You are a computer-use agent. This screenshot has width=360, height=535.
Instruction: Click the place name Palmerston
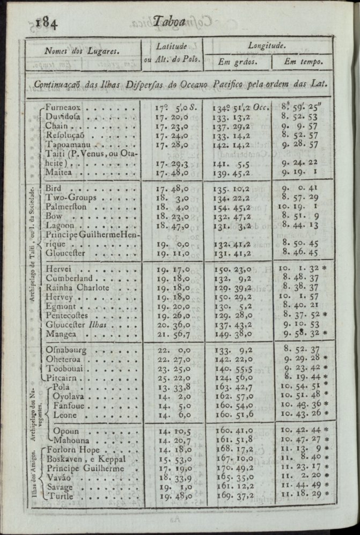click(70, 207)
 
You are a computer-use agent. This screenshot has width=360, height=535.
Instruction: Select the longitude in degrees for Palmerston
click(237, 207)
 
